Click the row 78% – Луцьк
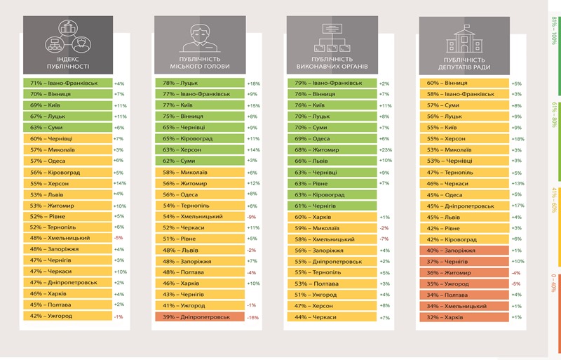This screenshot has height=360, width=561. tap(200, 83)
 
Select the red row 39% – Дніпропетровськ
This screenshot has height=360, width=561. tap(200, 316)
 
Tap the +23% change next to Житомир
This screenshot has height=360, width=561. tap(384, 149)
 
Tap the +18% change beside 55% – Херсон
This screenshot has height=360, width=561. tap(517, 139)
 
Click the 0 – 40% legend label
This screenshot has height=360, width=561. tap(554, 288)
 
